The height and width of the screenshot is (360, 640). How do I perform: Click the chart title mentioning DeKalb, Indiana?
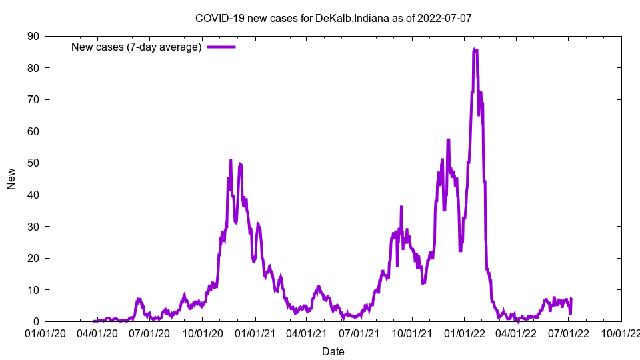point(333,18)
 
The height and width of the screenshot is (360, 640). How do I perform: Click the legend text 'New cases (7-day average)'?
point(136,47)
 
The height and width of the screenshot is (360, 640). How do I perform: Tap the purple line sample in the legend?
point(221,47)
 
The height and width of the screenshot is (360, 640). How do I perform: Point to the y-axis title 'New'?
point(11,179)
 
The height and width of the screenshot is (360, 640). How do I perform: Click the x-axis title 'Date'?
point(333,351)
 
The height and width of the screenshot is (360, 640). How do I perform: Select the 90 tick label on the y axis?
point(32,36)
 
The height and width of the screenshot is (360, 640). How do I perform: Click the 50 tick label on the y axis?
point(32,163)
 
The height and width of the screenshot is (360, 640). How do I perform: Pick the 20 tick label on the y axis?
point(32,258)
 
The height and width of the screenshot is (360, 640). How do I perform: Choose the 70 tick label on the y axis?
point(32,99)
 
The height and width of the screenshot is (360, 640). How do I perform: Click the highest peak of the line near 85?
point(474,49)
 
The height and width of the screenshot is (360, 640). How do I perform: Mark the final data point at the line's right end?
point(571,299)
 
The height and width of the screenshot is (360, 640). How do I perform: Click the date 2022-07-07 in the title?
point(445,18)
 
